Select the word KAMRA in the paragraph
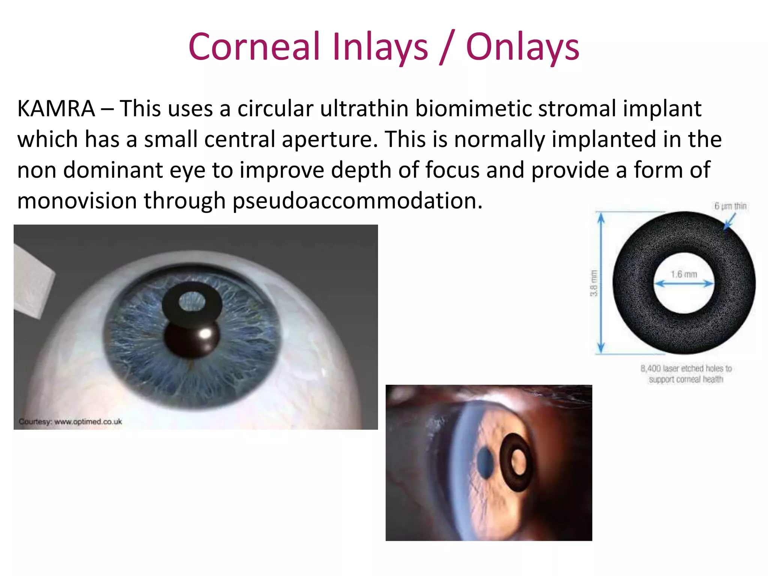pyautogui.click(x=56, y=109)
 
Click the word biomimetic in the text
pyautogui.click(x=473, y=109)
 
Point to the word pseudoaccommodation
pyautogui.click(x=357, y=201)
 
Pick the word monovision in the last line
pyautogui.click(x=77, y=201)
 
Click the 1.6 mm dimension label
pyautogui.click(x=684, y=274)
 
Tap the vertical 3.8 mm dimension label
pyautogui.click(x=593, y=283)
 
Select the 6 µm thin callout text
pyautogui.click(x=730, y=206)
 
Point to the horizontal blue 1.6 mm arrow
pyautogui.click(x=684, y=284)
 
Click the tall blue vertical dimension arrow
pyautogui.click(x=601, y=283)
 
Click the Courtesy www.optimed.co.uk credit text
pyautogui.click(x=70, y=421)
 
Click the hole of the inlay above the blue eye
pyautogui.click(x=192, y=301)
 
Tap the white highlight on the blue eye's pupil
pyautogui.click(x=205, y=333)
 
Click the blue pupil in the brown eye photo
pyautogui.click(x=486, y=463)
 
